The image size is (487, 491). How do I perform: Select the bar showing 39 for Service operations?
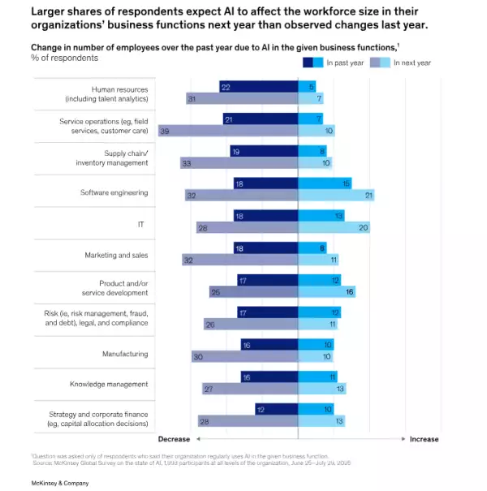coord(227,131)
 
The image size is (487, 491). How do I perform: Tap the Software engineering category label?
coord(114,192)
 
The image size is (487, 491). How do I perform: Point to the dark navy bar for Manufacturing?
coord(269,344)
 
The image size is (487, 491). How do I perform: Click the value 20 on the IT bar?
coord(364,228)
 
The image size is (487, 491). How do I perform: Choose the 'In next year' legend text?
coord(412,62)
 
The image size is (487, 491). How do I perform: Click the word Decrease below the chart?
coord(174,439)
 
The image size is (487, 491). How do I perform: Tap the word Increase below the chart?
coord(423,439)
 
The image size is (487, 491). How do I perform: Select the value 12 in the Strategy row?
coord(260,408)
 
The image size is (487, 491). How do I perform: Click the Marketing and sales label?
coord(117,255)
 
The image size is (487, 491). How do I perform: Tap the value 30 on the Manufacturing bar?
coord(197,356)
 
